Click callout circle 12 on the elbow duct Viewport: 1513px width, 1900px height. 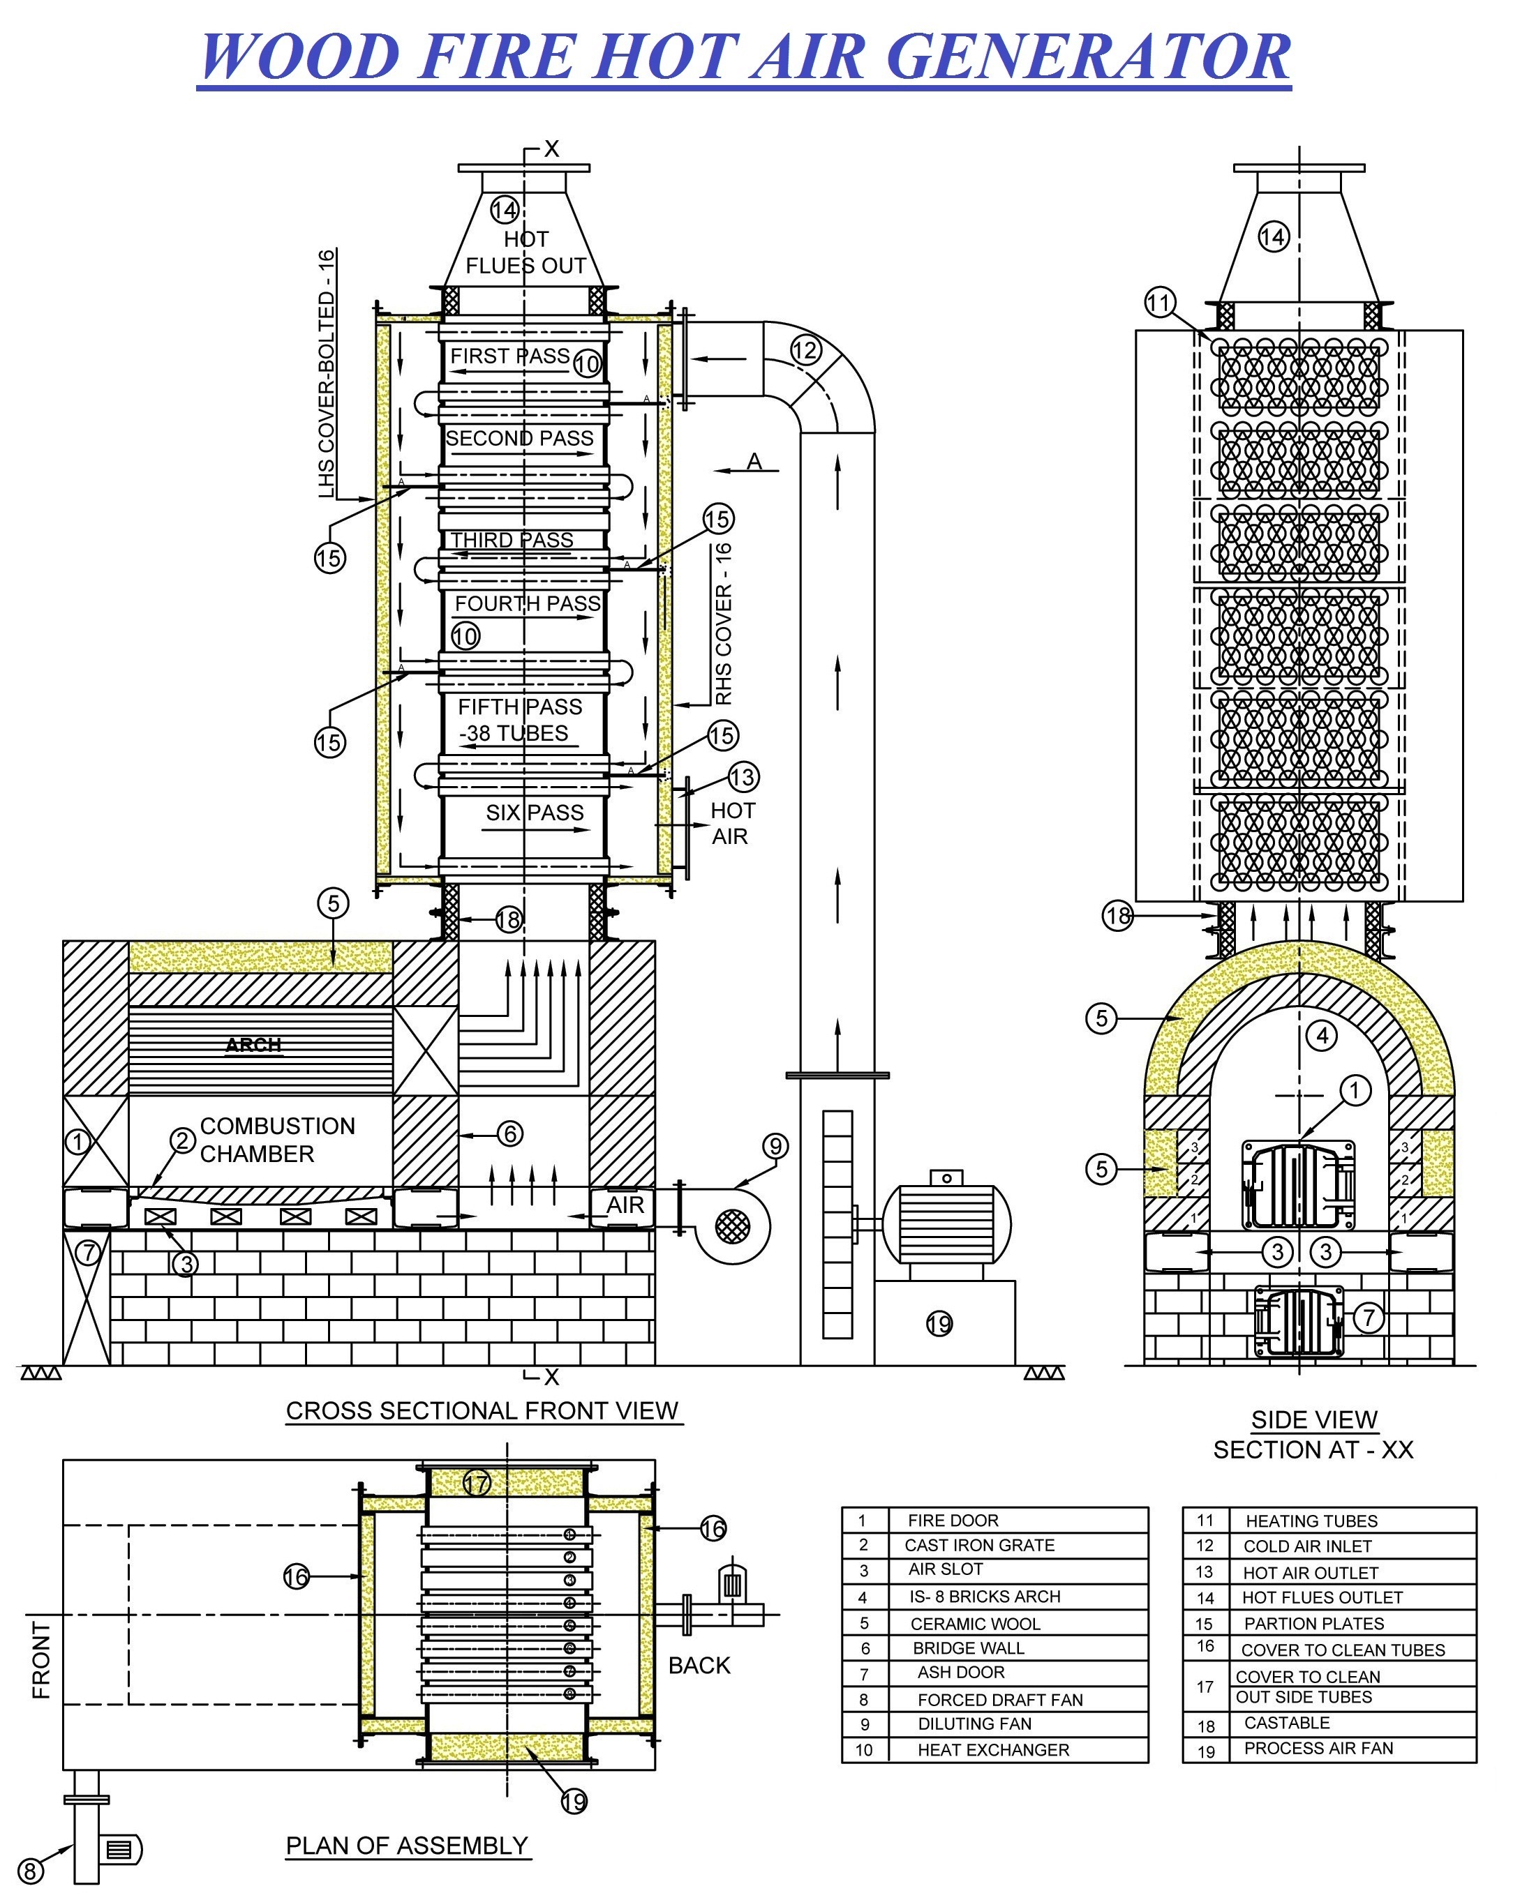805,351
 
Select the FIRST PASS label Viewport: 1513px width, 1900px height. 509,356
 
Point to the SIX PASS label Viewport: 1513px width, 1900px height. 535,813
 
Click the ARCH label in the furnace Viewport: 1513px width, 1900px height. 253,1045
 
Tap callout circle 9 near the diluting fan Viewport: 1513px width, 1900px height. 775,1145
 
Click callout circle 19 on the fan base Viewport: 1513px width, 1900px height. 939,1324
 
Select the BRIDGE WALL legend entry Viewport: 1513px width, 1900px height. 968,1648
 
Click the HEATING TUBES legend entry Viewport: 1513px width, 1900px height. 1311,1521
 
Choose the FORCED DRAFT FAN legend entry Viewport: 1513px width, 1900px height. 1000,1700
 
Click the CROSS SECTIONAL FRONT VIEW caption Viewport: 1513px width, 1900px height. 482,1411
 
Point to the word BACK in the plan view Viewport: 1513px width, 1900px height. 699,1666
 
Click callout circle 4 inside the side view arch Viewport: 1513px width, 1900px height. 1322,1036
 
